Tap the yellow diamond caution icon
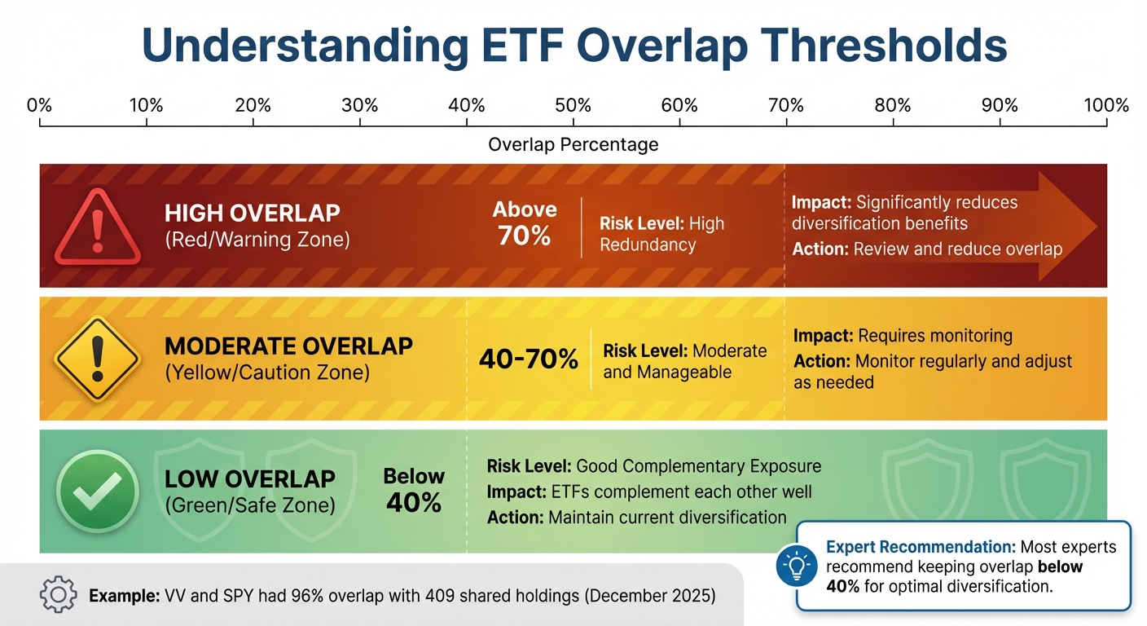click(x=98, y=359)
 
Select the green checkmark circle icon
click(x=98, y=492)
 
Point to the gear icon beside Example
click(x=58, y=596)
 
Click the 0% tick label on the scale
click(x=39, y=105)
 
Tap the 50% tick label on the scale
click(x=573, y=105)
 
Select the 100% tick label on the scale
click(x=1105, y=105)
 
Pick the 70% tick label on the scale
click(x=786, y=105)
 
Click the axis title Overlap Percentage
click(x=573, y=144)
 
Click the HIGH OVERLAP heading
click(x=252, y=214)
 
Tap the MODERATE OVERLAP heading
click(x=288, y=346)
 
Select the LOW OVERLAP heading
click(x=249, y=478)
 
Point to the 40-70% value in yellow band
click(x=529, y=359)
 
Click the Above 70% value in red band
click(x=525, y=223)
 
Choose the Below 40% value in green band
click(x=414, y=491)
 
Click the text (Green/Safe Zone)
click(x=249, y=505)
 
